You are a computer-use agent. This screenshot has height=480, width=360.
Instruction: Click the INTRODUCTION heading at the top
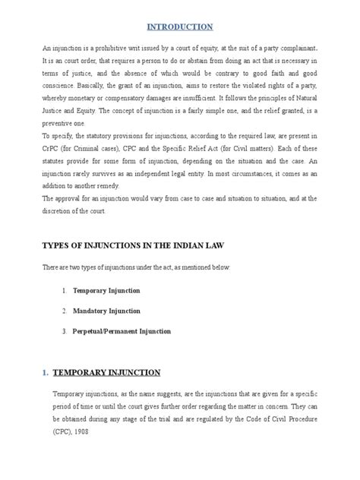coord(181,27)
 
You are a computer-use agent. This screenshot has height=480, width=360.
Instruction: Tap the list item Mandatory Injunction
coord(108,311)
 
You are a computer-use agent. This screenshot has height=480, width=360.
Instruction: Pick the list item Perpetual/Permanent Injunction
coord(122,331)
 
